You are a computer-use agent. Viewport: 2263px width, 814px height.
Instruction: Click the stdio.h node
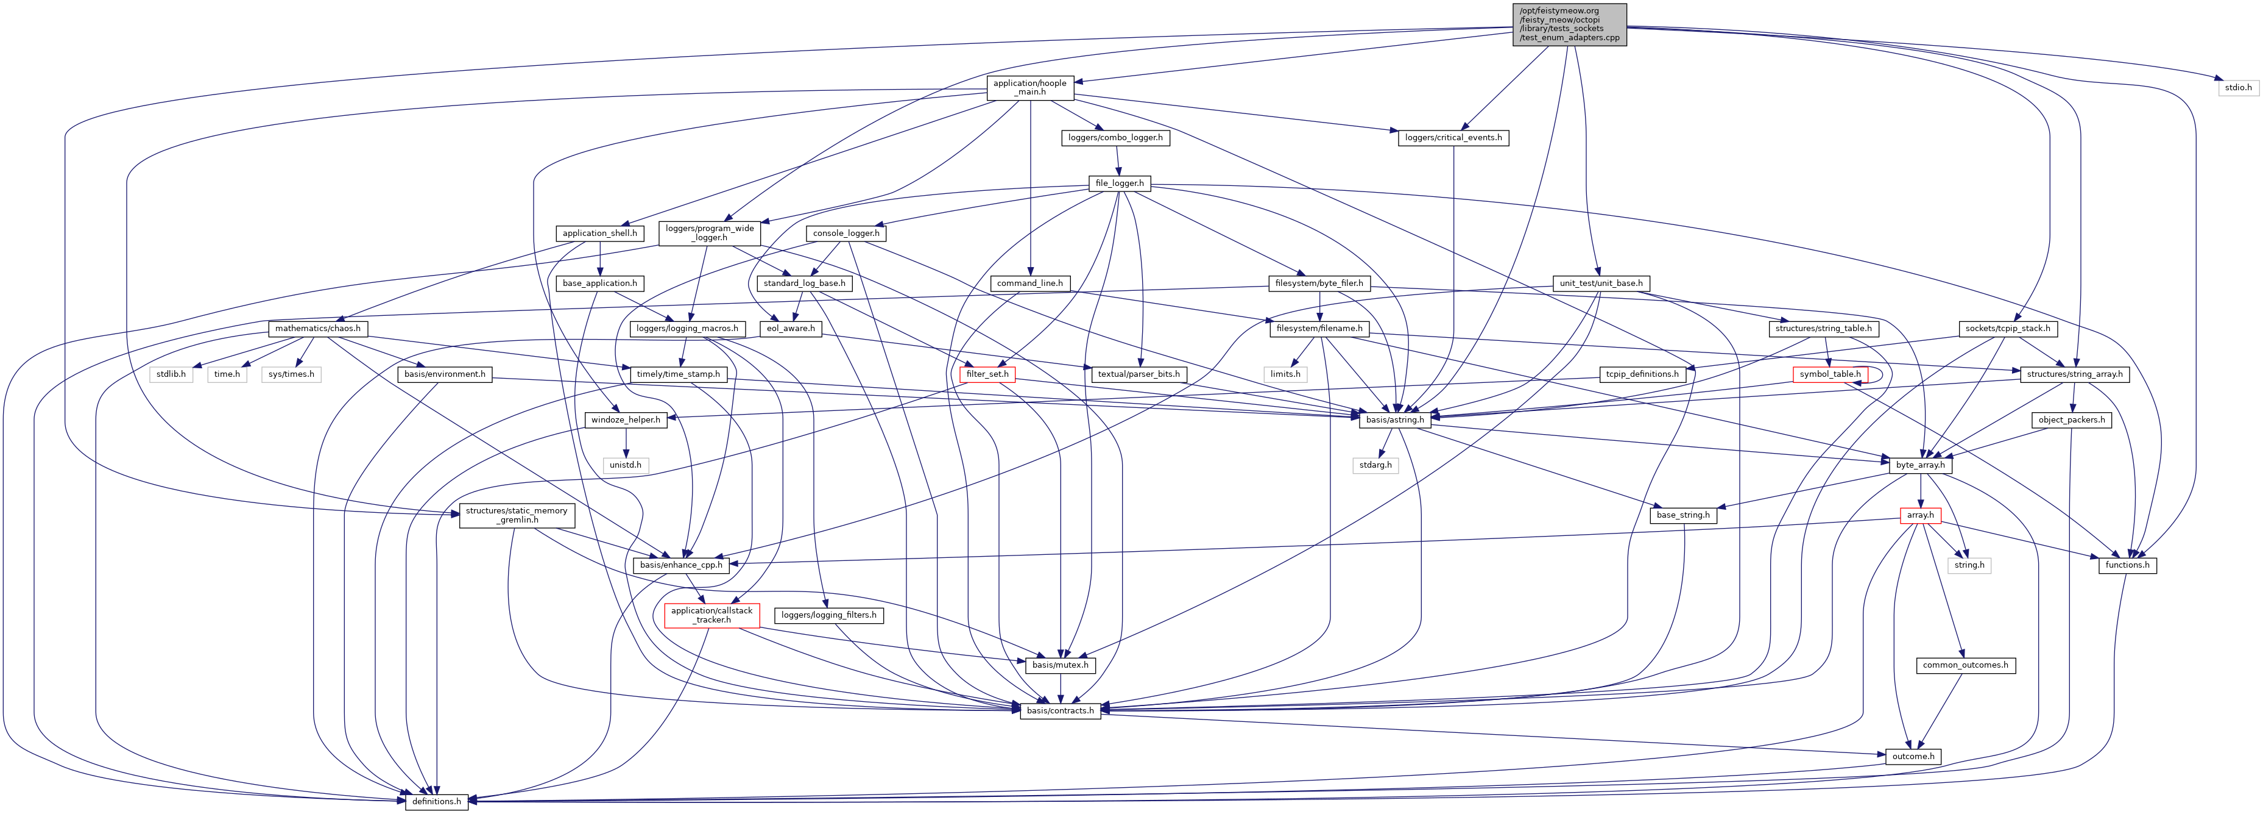pos(2237,88)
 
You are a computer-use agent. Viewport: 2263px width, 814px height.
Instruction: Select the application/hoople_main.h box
pos(1029,88)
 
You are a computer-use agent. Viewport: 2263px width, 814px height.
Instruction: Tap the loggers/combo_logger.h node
pos(1115,138)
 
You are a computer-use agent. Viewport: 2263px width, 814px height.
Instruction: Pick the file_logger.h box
pos(1119,184)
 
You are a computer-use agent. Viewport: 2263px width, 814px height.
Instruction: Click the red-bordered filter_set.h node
pos(987,374)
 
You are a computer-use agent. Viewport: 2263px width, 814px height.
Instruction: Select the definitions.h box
pos(437,802)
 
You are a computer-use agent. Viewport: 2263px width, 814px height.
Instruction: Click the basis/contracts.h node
pos(1061,711)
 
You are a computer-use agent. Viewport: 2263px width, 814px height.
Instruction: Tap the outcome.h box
pos(1912,757)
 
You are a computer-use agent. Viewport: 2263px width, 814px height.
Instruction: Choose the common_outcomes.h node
pos(1965,665)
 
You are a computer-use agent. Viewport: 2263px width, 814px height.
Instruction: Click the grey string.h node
pos(1969,565)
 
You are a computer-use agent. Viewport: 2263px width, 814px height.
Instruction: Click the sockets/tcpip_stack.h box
pos(2007,329)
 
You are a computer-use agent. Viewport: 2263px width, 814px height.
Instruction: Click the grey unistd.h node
pos(626,465)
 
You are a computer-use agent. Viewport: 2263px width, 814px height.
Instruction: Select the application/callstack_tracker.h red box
pos(711,615)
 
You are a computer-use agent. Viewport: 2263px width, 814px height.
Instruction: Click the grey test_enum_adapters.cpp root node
pos(1569,24)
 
